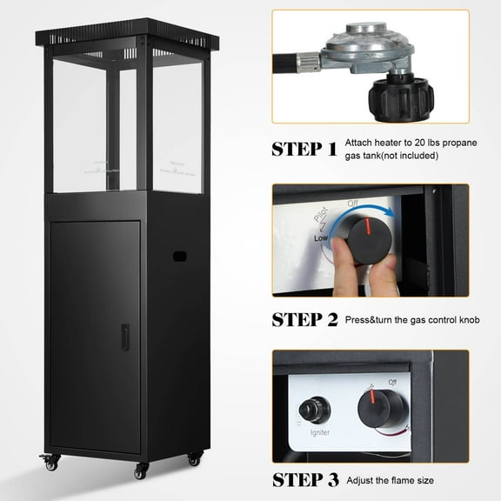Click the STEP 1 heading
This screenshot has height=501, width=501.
click(x=304, y=148)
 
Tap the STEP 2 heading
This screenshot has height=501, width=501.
click(x=304, y=319)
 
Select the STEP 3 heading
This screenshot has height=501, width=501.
click(x=304, y=478)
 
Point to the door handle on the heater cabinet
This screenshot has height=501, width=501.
click(x=125, y=337)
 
